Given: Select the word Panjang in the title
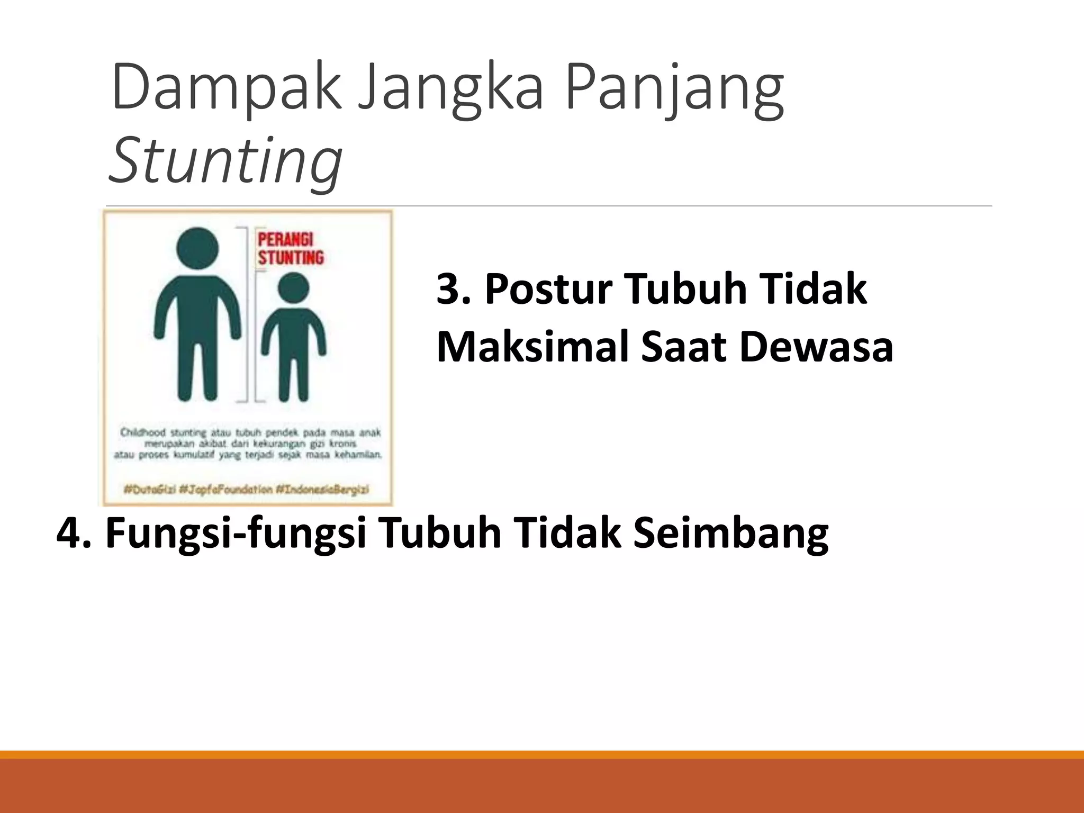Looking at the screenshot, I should (674, 88).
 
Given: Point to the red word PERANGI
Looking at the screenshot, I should (285, 239).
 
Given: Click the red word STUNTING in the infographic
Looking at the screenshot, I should (291, 258).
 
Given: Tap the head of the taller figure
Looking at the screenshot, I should (197, 248).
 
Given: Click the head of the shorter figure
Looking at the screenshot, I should (293, 288).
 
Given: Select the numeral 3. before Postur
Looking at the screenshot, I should (454, 289).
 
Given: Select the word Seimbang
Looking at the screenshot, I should (730, 532).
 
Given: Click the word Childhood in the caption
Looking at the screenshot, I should (142, 432).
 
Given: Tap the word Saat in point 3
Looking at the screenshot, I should (683, 347).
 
